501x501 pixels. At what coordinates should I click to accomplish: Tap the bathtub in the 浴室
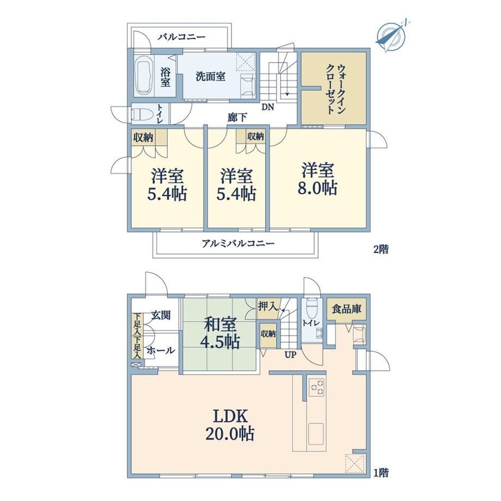tap(143, 76)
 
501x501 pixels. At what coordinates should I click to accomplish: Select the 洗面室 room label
tap(211, 76)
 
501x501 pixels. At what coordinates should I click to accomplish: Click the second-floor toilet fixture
tap(140, 114)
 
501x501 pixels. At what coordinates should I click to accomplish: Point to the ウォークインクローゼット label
tap(336, 89)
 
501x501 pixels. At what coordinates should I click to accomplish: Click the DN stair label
tap(268, 107)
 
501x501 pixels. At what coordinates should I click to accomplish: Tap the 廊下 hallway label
tap(237, 118)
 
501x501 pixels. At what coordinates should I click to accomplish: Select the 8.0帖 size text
tap(317, 188)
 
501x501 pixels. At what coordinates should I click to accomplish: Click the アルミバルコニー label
tap(238, 244)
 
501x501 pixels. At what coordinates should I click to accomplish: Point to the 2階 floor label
tap(381, 249)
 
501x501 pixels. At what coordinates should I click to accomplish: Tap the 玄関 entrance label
tap(161, 315)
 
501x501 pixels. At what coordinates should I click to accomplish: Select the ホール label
tap(161, 351)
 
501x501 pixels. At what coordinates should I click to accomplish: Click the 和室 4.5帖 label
tap(220, 333)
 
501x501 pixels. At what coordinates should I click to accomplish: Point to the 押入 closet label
tap(267, 307)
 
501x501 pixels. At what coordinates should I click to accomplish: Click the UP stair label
tap(291, 355)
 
